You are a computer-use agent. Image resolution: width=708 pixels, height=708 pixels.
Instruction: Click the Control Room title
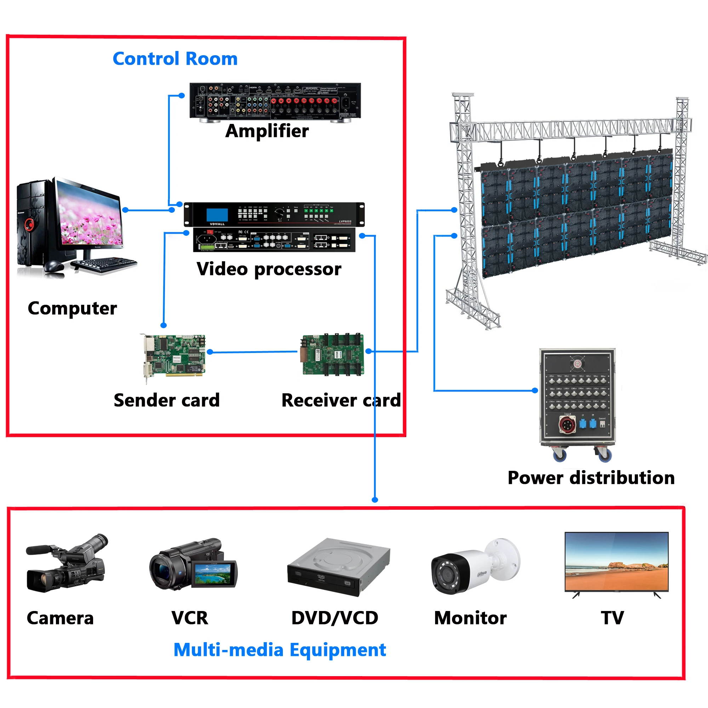coord(175,59)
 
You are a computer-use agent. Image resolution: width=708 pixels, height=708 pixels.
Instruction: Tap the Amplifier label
coord(267,131)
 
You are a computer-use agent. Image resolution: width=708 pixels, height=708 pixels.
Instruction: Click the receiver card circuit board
coord(333,354)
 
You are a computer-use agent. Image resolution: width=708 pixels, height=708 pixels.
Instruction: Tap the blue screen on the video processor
coord(217,215)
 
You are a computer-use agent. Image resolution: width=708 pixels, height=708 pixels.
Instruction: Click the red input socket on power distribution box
coord(567,425)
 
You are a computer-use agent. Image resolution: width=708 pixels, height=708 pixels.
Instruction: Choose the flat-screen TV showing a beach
coord(616,561)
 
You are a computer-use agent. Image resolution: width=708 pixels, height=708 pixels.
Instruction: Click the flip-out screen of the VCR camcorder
coord(213,574)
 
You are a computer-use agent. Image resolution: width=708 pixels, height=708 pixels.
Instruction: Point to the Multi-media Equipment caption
coord(280,650)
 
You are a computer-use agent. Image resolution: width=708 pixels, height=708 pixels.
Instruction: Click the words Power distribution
coord(591,478)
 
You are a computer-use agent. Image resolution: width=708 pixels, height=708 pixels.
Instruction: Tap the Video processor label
coord(269,269)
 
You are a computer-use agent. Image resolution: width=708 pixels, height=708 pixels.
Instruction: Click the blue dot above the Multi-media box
coord(375,499)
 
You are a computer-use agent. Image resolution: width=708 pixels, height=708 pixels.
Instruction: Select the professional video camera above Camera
coord(66,564)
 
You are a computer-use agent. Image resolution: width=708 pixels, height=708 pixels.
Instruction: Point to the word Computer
coord(72,309)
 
